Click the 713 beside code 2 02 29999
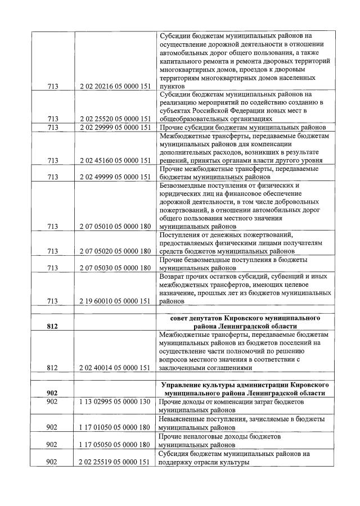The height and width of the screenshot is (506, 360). (x=52, y=128)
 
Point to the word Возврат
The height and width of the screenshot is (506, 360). (x=174, y=277)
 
